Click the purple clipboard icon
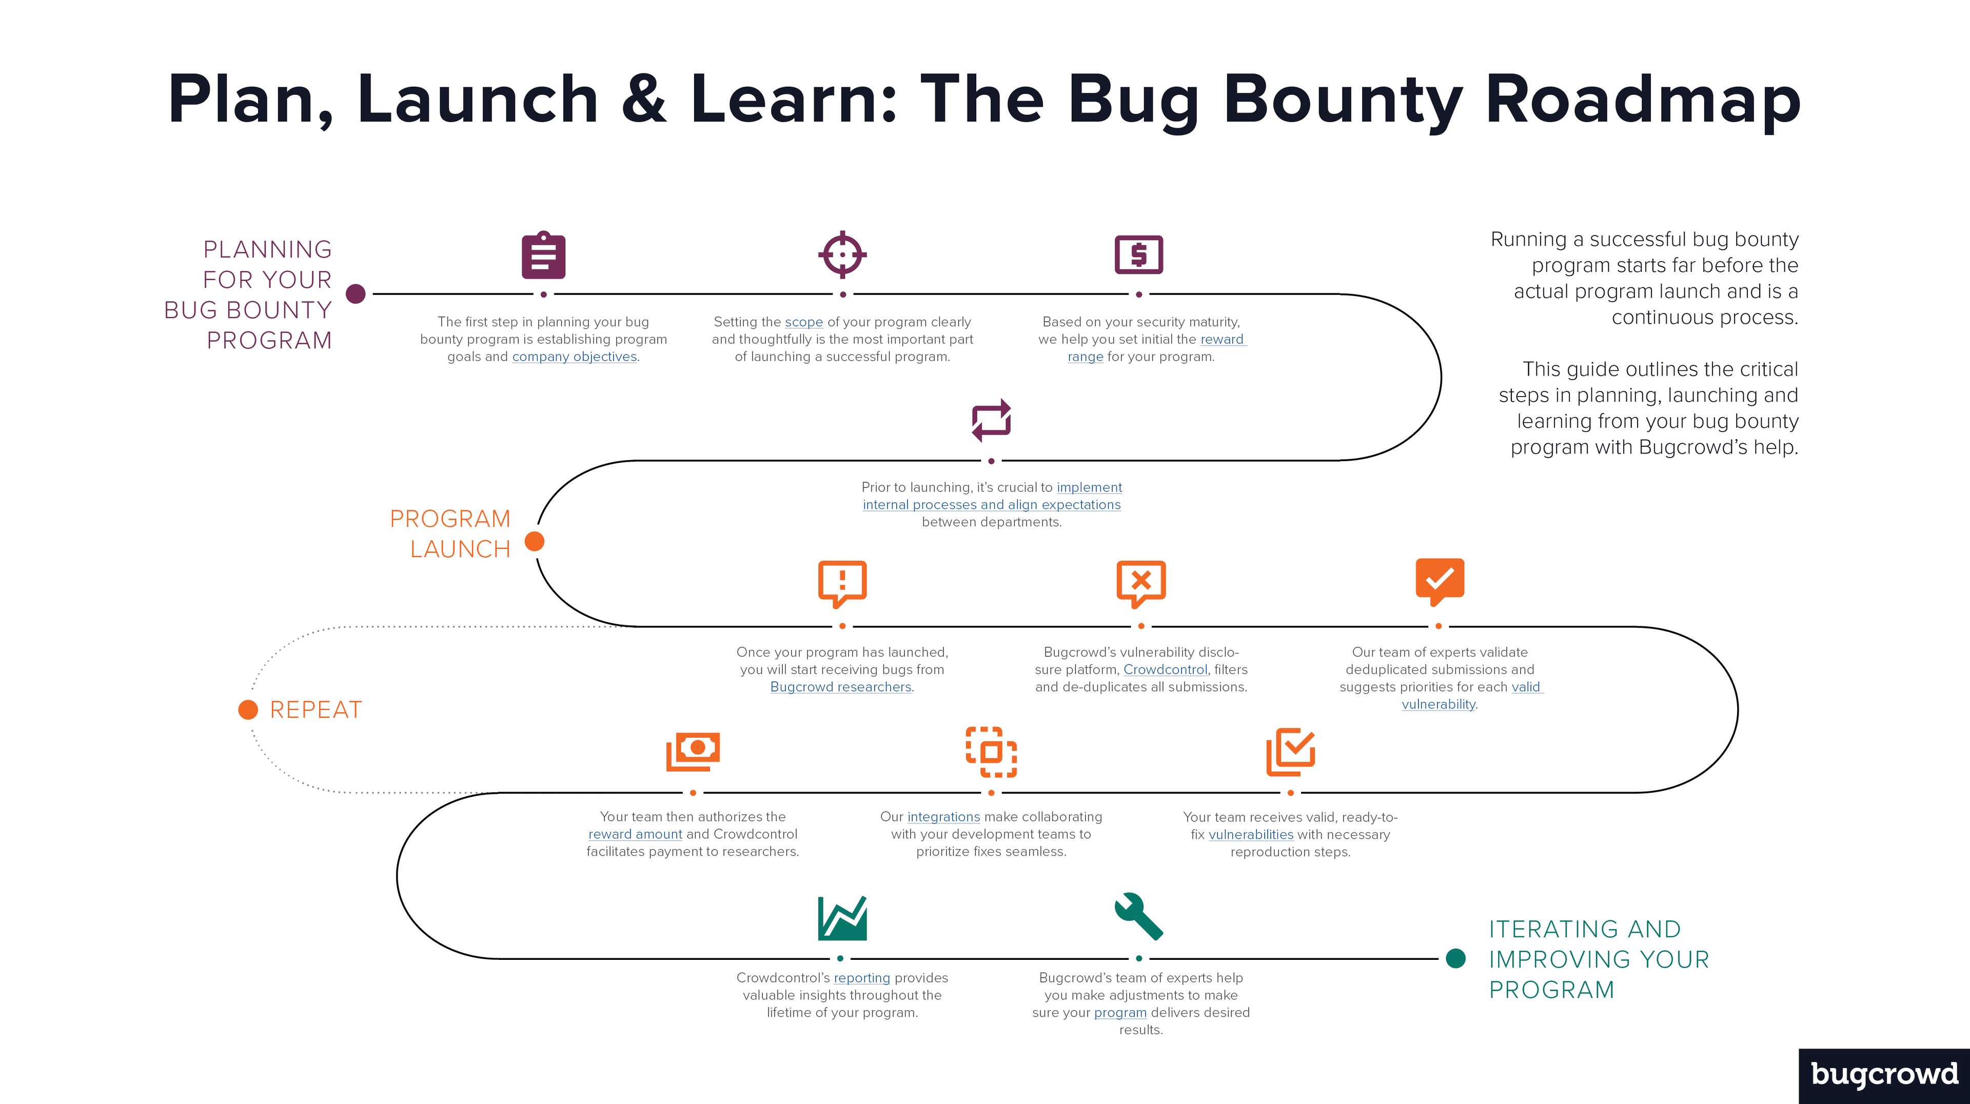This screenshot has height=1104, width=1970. click(x=544, y=255)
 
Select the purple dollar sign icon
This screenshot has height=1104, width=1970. click(x=1139, y=254)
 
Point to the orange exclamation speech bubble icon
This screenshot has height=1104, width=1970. click(x=842, y=583)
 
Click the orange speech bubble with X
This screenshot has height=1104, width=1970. click(x=1140, y=583)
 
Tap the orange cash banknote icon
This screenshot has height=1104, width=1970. click(x=693, y=752)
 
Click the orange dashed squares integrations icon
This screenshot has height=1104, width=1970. click(x=991, y=752)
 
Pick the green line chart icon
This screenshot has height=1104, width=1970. click(x=842, y=918)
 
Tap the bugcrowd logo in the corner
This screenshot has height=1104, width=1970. click(x=1884, y=1075)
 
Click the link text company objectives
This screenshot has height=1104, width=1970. click(x=575, y=357)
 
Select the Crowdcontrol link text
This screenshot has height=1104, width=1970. click(x=1165, y=670)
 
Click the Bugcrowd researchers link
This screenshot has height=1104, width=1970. click(x=840, y=687)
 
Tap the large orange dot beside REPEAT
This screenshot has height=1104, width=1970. click(x=248, y=710)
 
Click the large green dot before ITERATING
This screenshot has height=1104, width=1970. click(x=1456, y=958)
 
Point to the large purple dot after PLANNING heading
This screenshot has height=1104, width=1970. click(x=356, y=293)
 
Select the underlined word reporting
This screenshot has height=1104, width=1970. click(x=861, y=978)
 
